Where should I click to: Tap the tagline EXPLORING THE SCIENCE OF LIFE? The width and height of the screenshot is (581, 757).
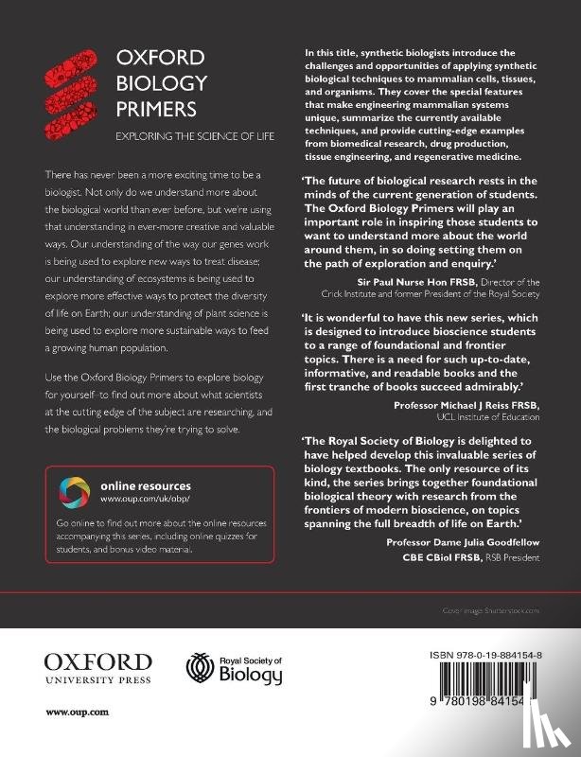tap(194, 136)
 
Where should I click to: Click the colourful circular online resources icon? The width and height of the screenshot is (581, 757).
tap(75, 491)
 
